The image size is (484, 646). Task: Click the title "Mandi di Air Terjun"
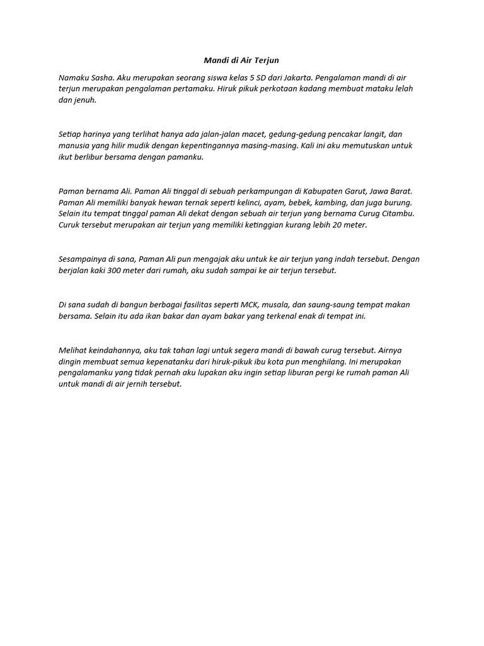241,61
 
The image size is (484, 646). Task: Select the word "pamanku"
187,157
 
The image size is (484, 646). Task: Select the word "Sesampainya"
81,259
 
